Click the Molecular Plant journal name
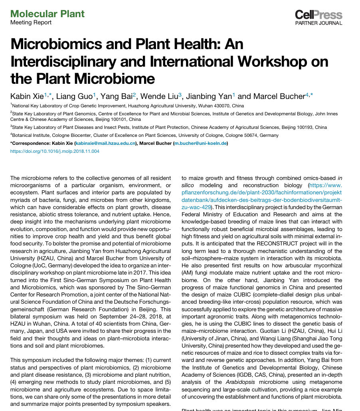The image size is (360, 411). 47,14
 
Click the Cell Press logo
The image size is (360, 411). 318,15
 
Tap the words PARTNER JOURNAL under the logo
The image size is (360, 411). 318,23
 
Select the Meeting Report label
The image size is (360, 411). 31,22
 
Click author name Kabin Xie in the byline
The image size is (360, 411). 27,96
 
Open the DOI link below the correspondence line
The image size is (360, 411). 55,151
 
